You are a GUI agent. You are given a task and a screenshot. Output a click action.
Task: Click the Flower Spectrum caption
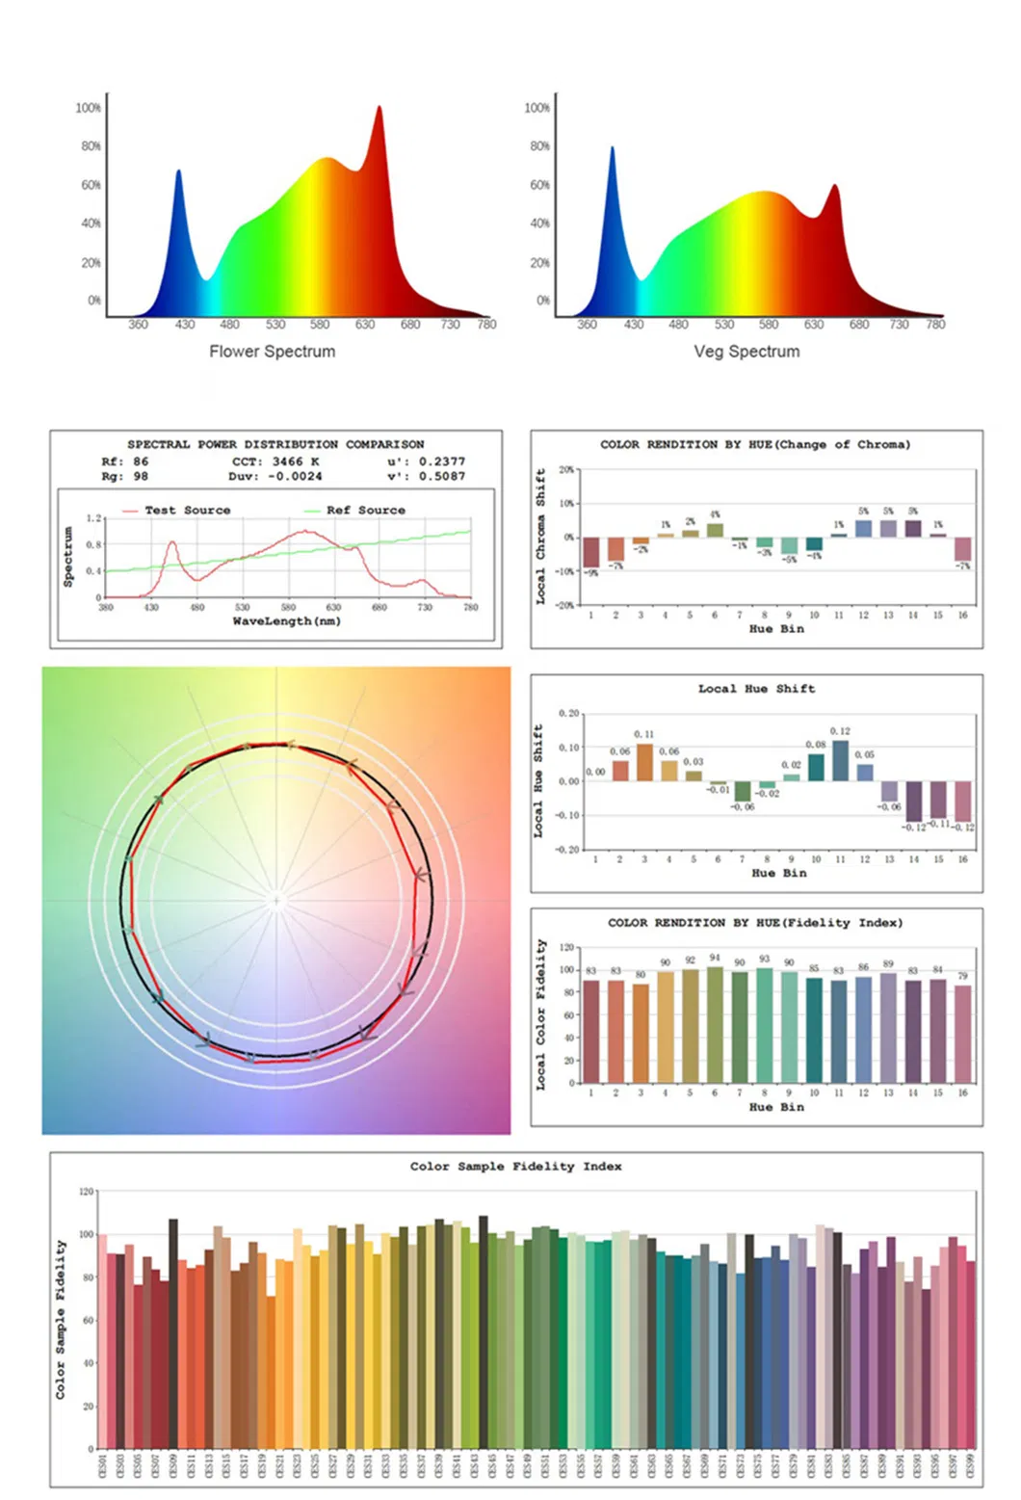click(x=273, y=352)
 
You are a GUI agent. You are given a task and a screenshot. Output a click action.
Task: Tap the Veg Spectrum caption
click(x=746, y=352)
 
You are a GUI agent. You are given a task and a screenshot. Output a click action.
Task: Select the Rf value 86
click(x=141, y=461)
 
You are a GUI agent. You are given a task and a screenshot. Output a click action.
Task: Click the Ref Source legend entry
click(x=365, y=510)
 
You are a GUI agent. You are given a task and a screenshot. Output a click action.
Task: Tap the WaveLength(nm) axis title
click(x=286, y=621)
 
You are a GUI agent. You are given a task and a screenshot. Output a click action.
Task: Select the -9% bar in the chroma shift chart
click(x=590, y=552)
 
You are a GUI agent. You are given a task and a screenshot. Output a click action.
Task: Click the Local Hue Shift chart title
click(x=756, y=689)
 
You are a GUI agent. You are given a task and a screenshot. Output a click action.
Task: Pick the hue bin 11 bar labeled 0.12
click(x=840, y=760)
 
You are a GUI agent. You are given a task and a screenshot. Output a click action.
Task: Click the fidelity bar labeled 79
click(x=962, y=1034)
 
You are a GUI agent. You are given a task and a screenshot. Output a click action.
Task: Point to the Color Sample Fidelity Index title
click(x=515, y=1167)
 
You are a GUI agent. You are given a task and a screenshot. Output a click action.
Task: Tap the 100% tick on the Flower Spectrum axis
click(x=89, y=108)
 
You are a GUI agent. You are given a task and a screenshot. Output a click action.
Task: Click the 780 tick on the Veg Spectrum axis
click(x=935, y=325)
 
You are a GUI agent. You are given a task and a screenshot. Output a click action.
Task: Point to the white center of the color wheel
click(x=276, y=902)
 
